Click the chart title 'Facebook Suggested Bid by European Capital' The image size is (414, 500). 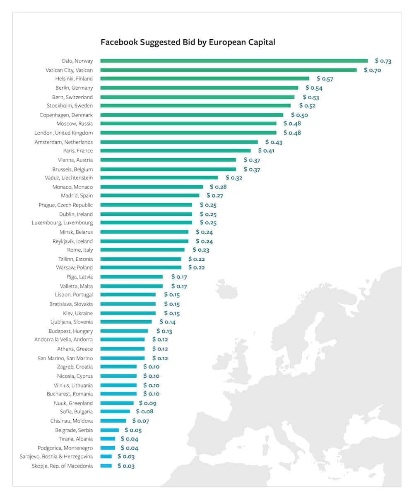click(x=188, y=42)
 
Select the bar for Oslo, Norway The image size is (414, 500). click(x=234, y=61)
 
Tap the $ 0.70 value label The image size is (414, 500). click(x=373, y=70)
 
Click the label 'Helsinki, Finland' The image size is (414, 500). click(x=74, y=79)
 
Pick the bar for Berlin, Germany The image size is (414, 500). click(x=199, y=88)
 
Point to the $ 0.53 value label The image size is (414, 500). click(x=311, y=97)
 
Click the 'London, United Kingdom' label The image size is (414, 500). click(x=64, y=133)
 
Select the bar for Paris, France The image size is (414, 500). click(x=176, y=151)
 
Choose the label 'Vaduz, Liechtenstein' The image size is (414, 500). click(x=69, y=178)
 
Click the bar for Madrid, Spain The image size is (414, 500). click(x=150, y=195)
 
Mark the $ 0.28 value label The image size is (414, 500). click(x=218, y=187)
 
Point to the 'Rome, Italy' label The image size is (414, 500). click(x=80, y=250)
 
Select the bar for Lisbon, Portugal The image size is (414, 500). click(x=128, y=295)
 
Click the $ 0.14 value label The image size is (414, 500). click(x=167, y=322)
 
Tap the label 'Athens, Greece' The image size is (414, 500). click(x=75, y=349)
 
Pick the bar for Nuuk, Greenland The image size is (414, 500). click(x=117, y=403)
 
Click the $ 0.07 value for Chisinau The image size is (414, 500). click(x=141, y=421)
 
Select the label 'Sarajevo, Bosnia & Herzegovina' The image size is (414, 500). click(x=56, y=457)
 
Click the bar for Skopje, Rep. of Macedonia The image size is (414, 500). click(x=106, y=466)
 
